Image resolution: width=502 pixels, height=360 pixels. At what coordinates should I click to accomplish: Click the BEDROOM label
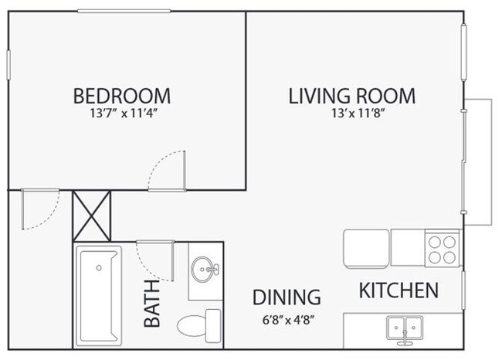[x=122, y=97]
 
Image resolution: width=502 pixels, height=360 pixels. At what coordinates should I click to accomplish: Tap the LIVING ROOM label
[x=352, y=97]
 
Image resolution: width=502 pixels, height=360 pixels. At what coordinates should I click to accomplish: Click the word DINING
[x=287, y=297]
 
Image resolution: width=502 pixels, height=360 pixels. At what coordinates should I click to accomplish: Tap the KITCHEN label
[x=399, y=290]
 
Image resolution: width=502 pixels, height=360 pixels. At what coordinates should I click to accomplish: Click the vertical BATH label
[x=153, y=304]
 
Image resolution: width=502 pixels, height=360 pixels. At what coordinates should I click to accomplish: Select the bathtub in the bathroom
[x=99, y=294]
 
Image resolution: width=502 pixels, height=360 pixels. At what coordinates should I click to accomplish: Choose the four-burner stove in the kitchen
[x=442, y=249]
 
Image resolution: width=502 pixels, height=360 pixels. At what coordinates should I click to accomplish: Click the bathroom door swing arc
[x=152, y=260]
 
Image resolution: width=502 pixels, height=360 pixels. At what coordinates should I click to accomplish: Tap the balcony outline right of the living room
[x=480, y=162]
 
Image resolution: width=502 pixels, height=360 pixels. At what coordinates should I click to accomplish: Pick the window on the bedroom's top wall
[x=124, y=11]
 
